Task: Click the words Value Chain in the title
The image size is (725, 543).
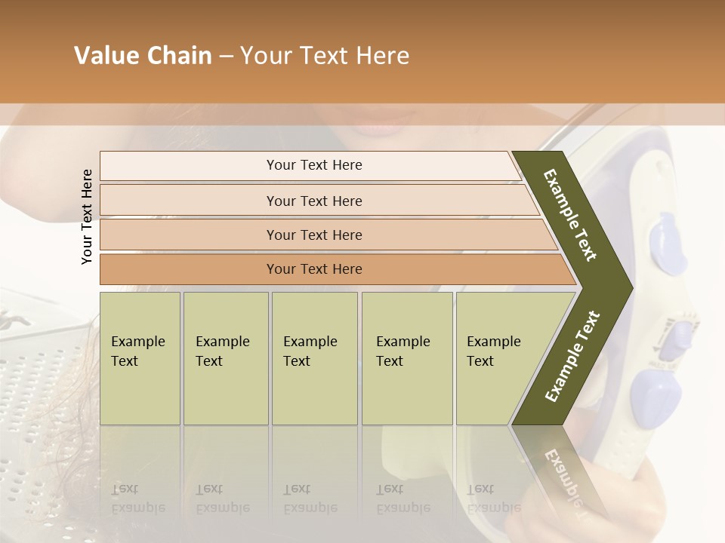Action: [143, 56]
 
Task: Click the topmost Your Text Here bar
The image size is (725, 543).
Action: [313, 165]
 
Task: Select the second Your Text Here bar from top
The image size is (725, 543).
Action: [313, 201]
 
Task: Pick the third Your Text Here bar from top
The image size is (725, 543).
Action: [313, 235]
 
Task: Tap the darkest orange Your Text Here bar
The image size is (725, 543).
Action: [313, 269]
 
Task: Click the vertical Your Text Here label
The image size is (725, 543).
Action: [87, 216]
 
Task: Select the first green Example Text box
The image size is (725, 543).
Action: [140, 357]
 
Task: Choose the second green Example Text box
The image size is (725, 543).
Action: [225, 357]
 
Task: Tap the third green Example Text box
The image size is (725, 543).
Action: [313, 357]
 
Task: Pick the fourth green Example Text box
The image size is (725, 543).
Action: [406, 357]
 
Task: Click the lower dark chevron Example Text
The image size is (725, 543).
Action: [572, 356]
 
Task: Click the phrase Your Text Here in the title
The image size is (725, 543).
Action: [325, 56]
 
